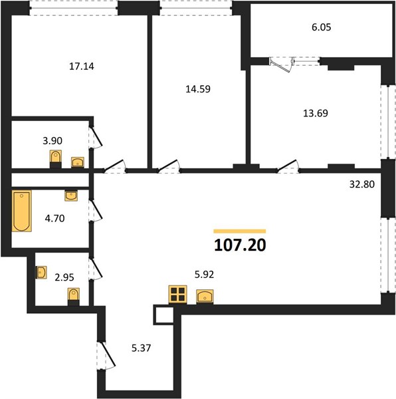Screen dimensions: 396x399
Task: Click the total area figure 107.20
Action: tap(240, 245)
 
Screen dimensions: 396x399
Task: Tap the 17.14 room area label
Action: tap(82, 66)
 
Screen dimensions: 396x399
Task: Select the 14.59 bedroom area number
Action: tap(198, 89)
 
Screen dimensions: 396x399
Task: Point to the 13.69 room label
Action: tap(316, 113)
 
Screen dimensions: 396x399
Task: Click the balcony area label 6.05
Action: tap(322, 27)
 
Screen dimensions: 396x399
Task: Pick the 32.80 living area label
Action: tap(362, 184)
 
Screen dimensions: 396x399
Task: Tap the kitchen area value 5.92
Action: tap(204, 275)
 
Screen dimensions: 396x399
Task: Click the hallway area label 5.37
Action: tap(141, 348)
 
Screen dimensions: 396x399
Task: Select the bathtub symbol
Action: tap(22, 211)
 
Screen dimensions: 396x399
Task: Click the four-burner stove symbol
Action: tap(177, 295)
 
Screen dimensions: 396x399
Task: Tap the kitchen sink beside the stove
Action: tap(205, 297)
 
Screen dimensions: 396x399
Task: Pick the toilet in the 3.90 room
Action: tap(55, 159)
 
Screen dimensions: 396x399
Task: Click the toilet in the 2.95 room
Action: tap(74, 297)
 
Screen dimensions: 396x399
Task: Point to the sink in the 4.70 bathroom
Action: tap(71, 196)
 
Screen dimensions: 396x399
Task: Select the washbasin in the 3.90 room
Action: tap(78, 162)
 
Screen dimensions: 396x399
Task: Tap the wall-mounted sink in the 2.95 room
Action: tap(41, 273)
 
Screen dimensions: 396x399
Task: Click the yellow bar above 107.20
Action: tap(240, 231)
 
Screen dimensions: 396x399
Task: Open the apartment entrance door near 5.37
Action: tap(106, 355)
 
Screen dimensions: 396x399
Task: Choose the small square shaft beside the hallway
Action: tap(163, 315)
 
